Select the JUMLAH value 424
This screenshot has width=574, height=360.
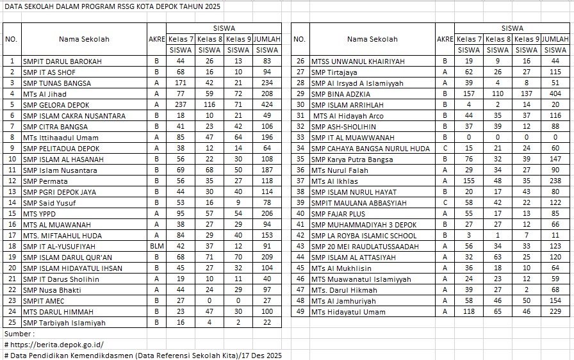coord(266,104)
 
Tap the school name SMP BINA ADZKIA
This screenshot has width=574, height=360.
coord(339,94)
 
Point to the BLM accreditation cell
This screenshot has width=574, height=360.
coord(156,246)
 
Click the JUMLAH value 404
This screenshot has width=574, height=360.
coord(555,94)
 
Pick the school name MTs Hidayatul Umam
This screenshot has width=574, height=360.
coord(348,312)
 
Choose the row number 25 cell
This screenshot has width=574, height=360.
coord(12,323)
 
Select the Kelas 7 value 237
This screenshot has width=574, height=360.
coord(180,104)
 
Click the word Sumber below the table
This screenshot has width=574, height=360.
coord(19,334)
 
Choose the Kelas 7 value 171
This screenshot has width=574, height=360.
coord(180,83)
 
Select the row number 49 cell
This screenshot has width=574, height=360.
coord(299,312)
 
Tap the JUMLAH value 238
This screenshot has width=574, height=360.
coord(555,181)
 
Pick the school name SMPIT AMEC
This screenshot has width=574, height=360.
coord(44,301)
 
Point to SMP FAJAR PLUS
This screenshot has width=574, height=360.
coord(338,213)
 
